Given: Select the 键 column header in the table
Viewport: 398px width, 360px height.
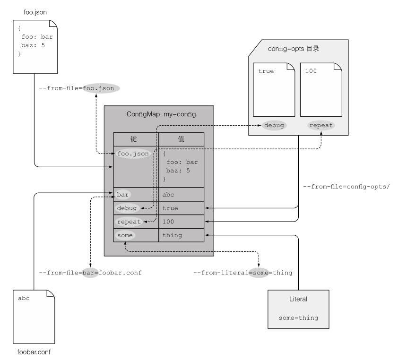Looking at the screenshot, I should pyautogui.click(x=136, y=139).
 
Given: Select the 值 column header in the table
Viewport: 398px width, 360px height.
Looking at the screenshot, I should pyautogui.click(x=181, y=139).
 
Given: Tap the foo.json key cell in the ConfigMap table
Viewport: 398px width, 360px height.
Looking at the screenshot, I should pyautogui.click(x=133, y=154).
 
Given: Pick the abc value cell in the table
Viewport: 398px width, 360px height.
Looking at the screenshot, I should pyautogui.click(x=181, y=194).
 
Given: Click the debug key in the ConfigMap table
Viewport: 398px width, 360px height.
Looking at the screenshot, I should pyautogui.click(x=127, y=208).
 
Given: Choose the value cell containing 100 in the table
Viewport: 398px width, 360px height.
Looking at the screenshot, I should pyautogui.click(x=181, y=221).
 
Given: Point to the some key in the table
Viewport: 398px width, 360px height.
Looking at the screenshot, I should pyautogui.click(x=124, y=235).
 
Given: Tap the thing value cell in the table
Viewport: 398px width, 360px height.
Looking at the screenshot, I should pyautogui.click(x=181, y=235).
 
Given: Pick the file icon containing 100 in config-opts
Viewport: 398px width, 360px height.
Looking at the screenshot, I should pyautogui.click(x=321, y=89).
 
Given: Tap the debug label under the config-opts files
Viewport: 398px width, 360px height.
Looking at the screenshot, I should pyautogui.click(x=274, y=125).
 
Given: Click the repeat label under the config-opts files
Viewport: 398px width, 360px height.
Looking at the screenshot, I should pyautogui.click(x=321, y=125).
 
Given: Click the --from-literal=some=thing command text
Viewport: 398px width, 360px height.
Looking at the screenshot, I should pyautogui.click(x=243, y=273).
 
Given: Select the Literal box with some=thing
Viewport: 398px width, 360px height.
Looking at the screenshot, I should pyautogui.click(x=298, y=309).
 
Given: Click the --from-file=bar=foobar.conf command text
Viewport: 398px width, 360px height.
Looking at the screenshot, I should pyautogui.click(x=90, y=273).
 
